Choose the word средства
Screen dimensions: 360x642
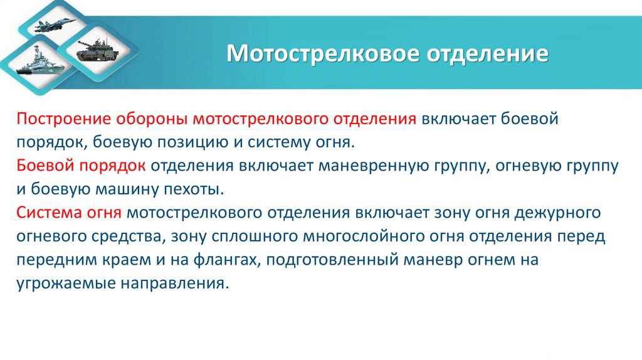124,236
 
